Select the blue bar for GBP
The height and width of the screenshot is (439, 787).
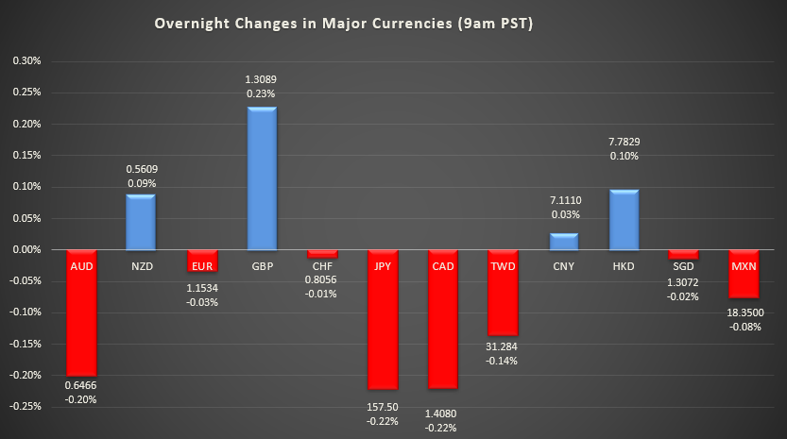coord(262,179)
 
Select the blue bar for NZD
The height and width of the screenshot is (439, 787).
coord(141,222)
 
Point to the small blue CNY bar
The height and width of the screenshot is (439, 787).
coord(564,242)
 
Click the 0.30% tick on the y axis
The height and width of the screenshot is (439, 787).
coord(26,61)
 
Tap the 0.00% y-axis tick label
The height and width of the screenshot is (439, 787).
coord(26,249)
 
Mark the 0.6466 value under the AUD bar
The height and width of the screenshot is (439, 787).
coord(80,386)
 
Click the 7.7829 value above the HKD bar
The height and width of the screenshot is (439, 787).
coord(624,142)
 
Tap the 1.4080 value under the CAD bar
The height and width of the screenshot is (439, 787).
coord(443,413)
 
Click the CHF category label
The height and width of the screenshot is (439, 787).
coord(322,266)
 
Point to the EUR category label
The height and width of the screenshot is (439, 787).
coord(201,266)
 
